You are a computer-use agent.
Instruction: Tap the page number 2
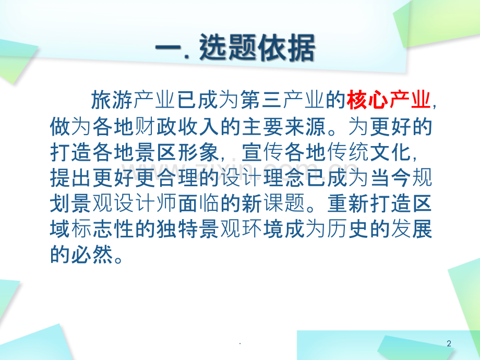(x=449, y=343)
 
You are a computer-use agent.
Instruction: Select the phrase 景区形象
(x=174, y=153)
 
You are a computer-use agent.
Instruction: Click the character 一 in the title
(x=166, y=51)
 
